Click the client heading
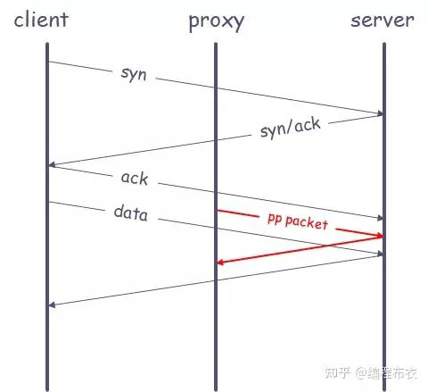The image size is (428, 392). tap(41, 20)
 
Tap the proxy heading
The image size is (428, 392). tap(217, 21)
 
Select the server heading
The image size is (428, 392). tap(383, 21)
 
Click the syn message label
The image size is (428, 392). tap(134, 74)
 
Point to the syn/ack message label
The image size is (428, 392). tap(291, 128)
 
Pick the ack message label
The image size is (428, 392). tap(135, 179)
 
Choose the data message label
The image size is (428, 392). tap(130, 213)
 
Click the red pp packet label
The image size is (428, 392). tap(298, 221)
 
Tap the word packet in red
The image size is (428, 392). tap(307, 222)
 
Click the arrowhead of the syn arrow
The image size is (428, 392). tap(380, 113)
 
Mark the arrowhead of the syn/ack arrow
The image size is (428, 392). tap(52, 164)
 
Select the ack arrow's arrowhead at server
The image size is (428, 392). tap(380, 218)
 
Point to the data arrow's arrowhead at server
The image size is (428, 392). tap(380, 254)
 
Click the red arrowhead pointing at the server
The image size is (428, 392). tap(380, 236)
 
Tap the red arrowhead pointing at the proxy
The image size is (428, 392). tap(220, 263)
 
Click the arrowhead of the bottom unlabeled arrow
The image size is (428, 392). tap(52, 304)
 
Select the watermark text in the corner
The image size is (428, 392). tap(371, 373)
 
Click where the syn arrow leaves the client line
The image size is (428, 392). tap(49, 62)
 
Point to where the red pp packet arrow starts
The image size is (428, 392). tap(218, 211)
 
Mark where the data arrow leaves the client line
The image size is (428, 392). tap(49, 202)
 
